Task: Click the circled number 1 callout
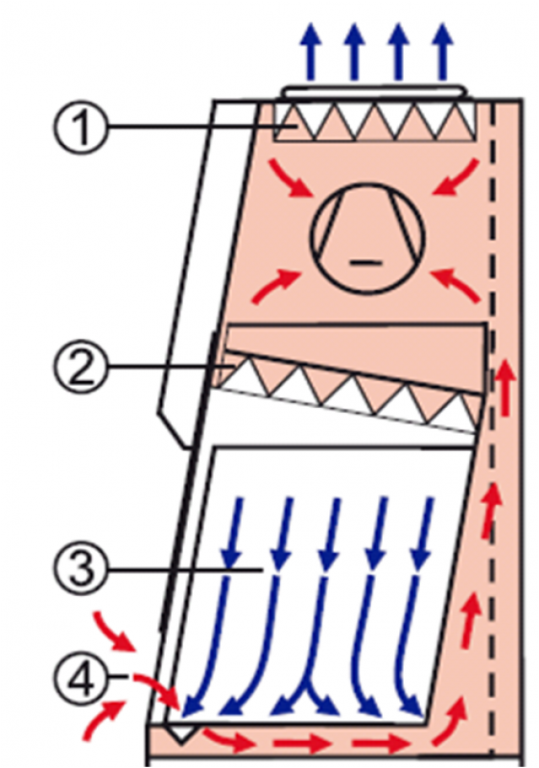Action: point(81,127)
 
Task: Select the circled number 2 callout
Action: point(81,366)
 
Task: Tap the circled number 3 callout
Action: point(81,570)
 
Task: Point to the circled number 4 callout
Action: point(81,678)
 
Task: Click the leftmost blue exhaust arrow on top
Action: point(311,52)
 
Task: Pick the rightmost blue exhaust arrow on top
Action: point(442,52)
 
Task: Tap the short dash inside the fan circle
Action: point(365,263)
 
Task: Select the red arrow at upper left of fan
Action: point(291,178)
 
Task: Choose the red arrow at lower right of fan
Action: point(456,285)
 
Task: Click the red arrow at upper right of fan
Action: point(456,178)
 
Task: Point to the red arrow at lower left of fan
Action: point(275,286)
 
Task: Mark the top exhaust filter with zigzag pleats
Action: point(375,122)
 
